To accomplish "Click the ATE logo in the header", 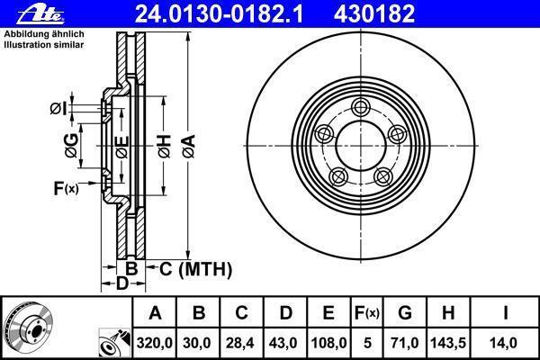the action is point(41,15).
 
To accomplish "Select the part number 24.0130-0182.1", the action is point(219,14).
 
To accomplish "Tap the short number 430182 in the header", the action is point(374,14).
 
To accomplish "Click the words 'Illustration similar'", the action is point(44,45).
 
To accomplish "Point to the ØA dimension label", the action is point(189,147).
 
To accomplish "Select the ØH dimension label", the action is point(165,147).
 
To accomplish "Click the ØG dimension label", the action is point(71,146).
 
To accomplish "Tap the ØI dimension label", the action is point(58,109).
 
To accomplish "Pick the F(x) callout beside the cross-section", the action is point(66,188).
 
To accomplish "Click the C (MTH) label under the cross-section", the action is point(195,269).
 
